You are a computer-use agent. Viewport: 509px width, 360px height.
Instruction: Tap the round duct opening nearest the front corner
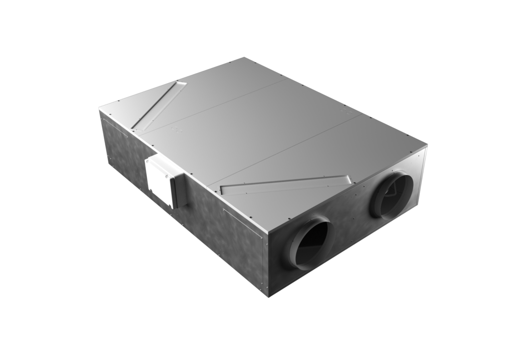(x=312, y=244)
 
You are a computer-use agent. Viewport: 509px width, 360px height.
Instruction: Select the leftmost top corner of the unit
(x=98, y=110)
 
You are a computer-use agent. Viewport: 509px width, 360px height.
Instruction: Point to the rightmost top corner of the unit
(x=427, y=145)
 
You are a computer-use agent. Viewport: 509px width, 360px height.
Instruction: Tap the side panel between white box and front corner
(x=224, y=234)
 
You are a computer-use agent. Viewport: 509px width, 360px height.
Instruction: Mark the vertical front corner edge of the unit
(x=268, y=266)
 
